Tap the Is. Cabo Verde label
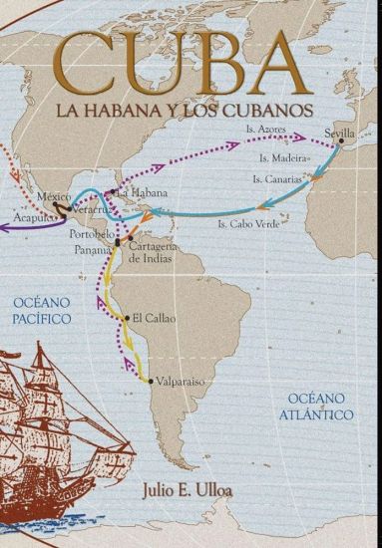[246, 225]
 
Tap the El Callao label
[153, 319]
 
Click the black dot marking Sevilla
[341, 141]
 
